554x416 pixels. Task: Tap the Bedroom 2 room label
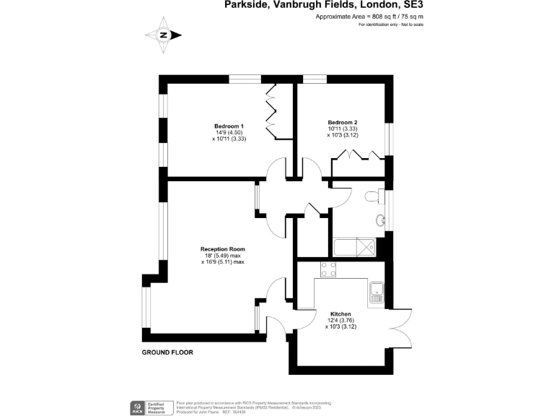coord(342,122)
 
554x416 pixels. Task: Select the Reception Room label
coord(223,249)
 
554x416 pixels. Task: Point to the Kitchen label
coord(340,313)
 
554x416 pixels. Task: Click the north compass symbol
coord(164,35)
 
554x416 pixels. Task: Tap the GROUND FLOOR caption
coord(167,352)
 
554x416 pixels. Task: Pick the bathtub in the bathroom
coord(353,247)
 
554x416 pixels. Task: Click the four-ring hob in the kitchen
coord(328,269)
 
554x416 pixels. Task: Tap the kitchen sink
coord(376,292)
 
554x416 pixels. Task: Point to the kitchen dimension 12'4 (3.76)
coord(340,320)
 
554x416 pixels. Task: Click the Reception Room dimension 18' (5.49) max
coord(223,256)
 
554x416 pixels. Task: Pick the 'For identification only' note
coord(391,25)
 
